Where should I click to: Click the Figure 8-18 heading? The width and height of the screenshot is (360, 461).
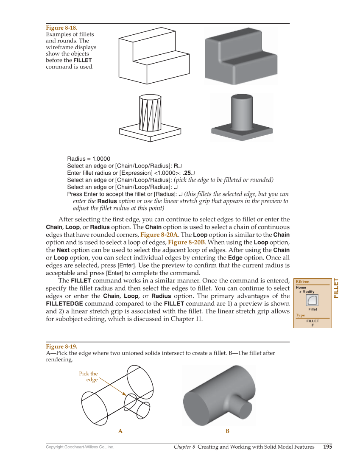61,28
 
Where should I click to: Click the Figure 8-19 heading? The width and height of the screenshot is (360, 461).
61,346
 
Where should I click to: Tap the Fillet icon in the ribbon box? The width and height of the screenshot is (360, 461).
313,301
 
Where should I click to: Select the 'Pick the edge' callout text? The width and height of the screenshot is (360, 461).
89,377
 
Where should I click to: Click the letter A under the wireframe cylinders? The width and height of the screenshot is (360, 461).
120,431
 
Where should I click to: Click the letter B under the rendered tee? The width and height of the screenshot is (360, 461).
227,431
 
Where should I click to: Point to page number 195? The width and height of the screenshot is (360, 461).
327,447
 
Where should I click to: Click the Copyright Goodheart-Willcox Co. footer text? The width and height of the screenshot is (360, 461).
80,447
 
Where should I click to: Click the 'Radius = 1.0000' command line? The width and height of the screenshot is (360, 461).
89,159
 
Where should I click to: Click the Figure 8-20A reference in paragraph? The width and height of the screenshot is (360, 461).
159,235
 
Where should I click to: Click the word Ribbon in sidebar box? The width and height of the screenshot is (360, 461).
302,282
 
